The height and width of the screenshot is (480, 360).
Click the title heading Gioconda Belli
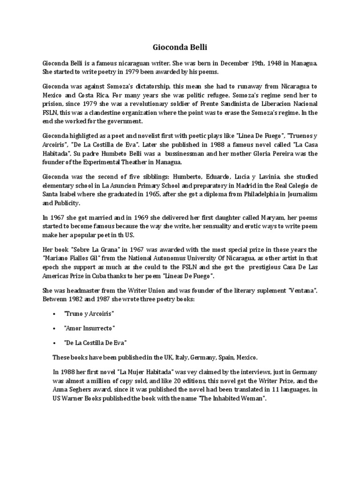(180, 47)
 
